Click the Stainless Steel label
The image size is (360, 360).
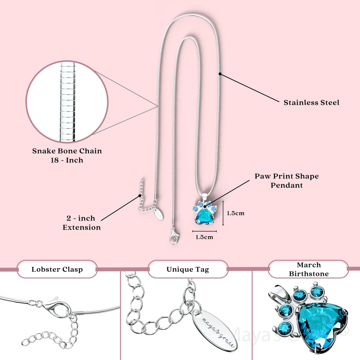(x=311, y=103)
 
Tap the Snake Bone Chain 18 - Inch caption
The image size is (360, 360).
(x=67, y=155)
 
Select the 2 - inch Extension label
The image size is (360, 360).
(x=82, y=223)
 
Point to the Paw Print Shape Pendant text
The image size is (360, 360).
(x=287, y=180)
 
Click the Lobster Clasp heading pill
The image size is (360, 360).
(x=57, y=270)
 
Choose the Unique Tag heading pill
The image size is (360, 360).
(x=188, y=270)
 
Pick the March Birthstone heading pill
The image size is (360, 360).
(x=308, y=269)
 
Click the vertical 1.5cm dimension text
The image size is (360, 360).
(x=235, y=213)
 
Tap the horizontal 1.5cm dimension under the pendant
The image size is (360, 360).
(x=204, y=237)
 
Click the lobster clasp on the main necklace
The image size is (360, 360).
(x=174, y=236)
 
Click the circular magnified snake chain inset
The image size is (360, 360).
(x=67, y=102)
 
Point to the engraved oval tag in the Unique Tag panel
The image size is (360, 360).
(x=214, y=330)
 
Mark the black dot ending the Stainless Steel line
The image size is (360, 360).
(x=220, y=74)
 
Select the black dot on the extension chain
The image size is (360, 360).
(x=140, y=195)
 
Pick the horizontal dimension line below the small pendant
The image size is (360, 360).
(x=205, y=231)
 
